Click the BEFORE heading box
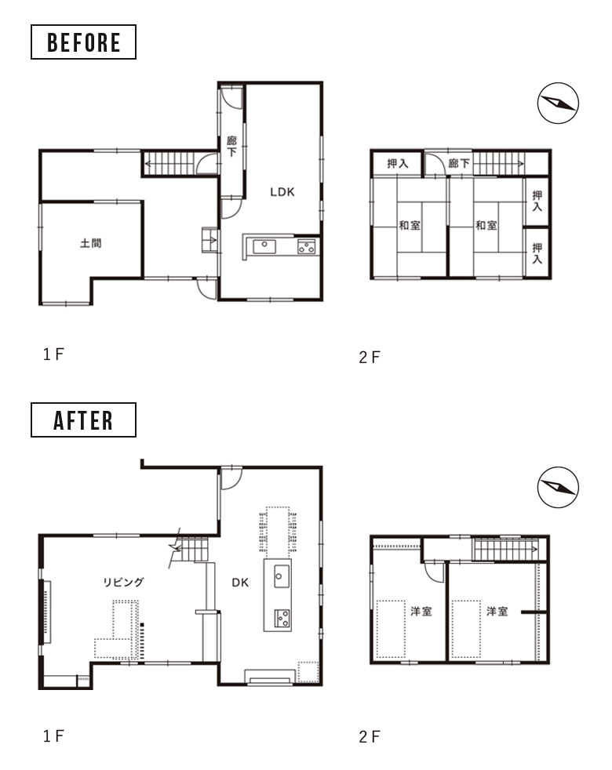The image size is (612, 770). (x=83, y=42)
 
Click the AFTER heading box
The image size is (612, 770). (x=83, y=420)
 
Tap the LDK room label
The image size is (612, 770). (x=282, y=192)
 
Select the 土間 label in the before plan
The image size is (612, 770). (x=90, y=243)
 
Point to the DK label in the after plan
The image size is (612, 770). (x=240, y=583)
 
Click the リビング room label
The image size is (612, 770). (x=123, y=582)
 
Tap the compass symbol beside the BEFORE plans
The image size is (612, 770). (x=558, y=104)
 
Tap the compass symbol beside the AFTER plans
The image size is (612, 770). (x=558, y=487)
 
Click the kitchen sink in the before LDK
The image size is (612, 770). (x=264, y=246)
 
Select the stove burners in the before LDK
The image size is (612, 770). (x=306, y=246)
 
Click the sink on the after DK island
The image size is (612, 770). (x=282, y=576)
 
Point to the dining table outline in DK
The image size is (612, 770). (x=278, y=530)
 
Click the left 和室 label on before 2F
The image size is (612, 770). (x=410, y=225)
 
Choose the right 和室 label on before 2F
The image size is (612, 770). (x=486, y=225)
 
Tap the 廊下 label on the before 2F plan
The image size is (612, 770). (x=459, y=163)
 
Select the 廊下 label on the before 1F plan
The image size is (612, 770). (x=231, y=147)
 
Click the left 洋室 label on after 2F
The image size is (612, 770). (x=421, y=612)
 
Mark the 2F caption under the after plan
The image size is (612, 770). (x=370, y=736)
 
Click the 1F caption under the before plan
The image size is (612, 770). (x=53, y=354)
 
